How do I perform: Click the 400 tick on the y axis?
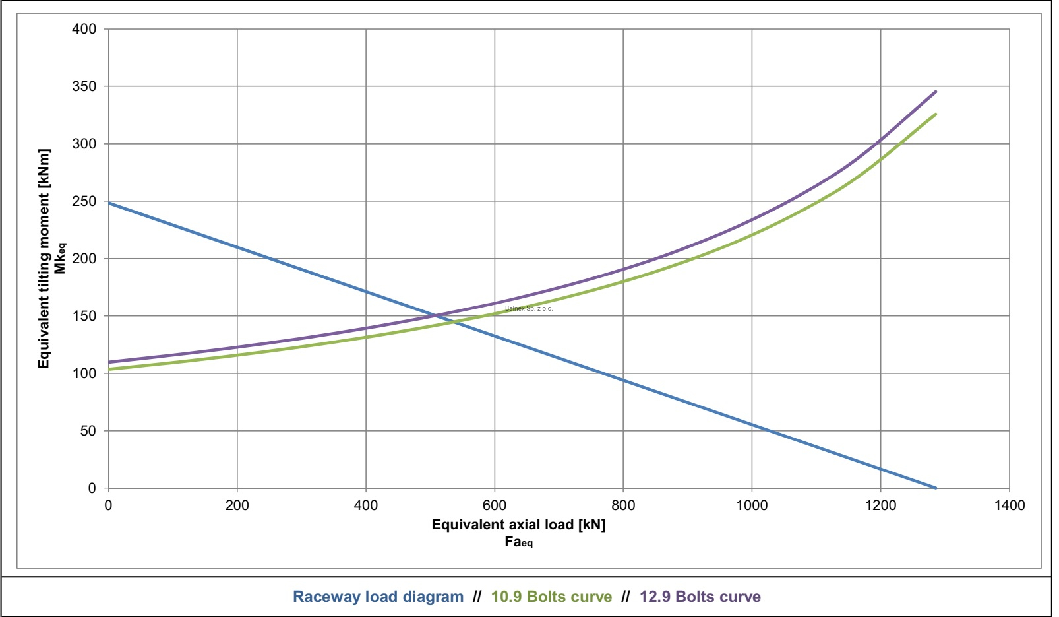click(x=84, y=29)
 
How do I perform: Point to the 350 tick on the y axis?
click(x=84, y=86)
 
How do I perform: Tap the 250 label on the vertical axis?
click(x=84, y=201)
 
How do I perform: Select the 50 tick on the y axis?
click(x=88, y=431)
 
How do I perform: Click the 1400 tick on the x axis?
click(x=1009, y=505)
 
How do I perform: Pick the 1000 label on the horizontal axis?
click(x=752, y=505)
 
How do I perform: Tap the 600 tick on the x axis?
click(x=495, y=505)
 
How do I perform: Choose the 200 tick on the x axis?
click(x=237, y=505)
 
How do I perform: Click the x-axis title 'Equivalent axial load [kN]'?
click(x=518, y=525)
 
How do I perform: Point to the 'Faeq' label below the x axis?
click(x=518, y=542)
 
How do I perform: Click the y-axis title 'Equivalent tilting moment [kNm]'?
click(x=44, y=258)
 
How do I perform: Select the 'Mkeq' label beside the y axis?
click(x=61, y=258)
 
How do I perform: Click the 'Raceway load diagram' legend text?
click(x=378, y=597)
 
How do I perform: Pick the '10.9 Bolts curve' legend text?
click(x=551, y=597)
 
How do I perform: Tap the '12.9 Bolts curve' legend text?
click(x=700, y=597)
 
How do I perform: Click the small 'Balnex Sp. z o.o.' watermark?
click(x=529, y=308)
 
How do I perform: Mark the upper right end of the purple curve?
click(x=936, y=92)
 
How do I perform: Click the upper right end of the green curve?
click(x=936, y=114)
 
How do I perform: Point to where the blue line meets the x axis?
click(x=936, y=488)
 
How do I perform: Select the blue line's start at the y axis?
click(x=109, y=203)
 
